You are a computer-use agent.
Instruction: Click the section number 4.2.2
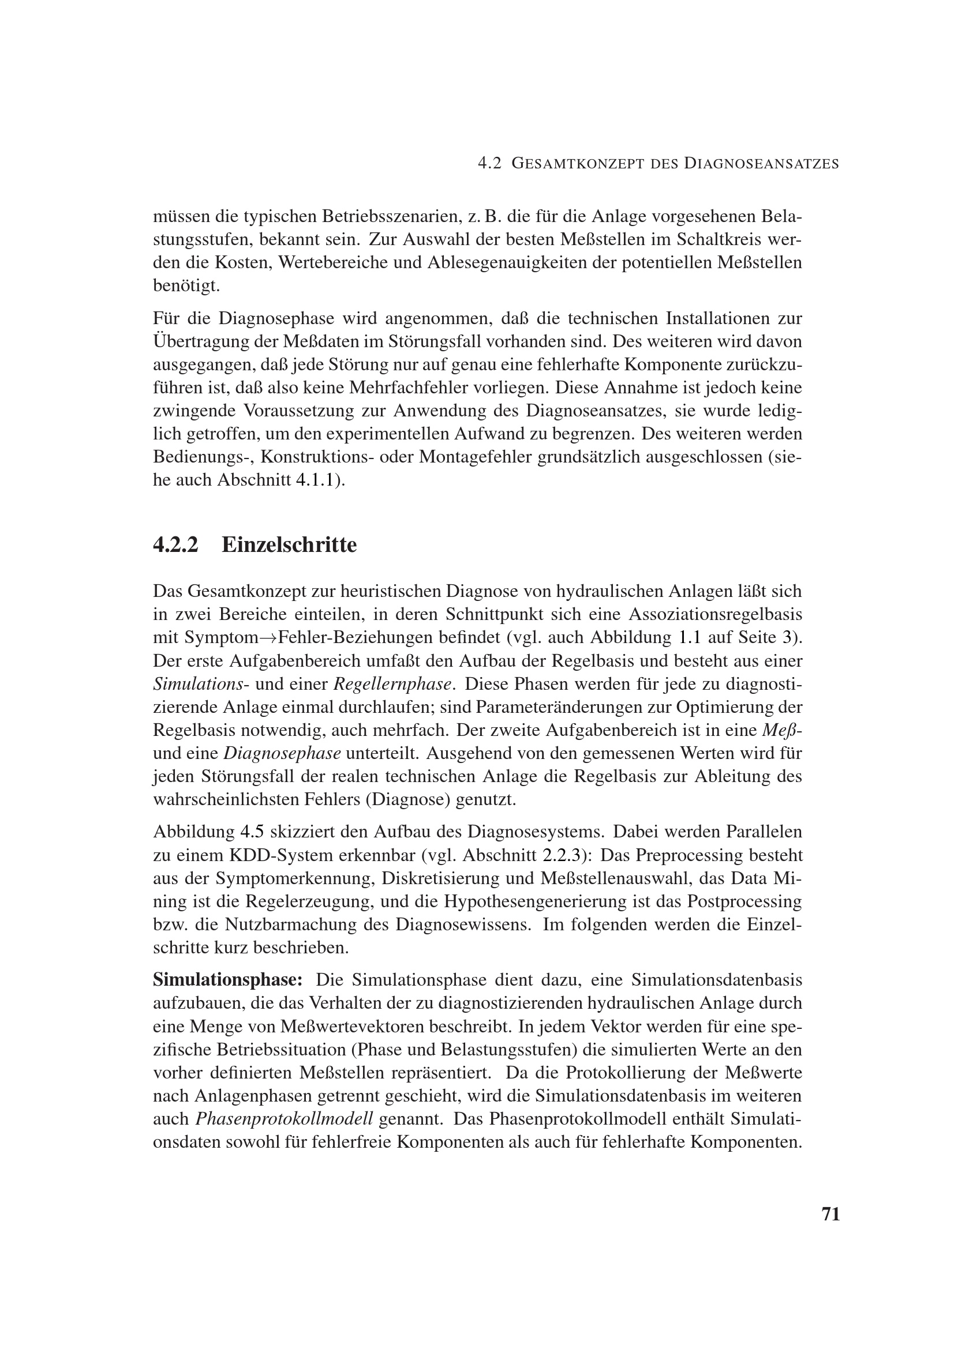tap(176, 545)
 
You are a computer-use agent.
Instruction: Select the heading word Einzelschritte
tap(289, 545)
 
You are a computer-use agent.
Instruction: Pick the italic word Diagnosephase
tap(283, 754)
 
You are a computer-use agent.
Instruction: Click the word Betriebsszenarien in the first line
tap(389, 216)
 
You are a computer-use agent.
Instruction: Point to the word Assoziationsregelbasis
tap(715, 615)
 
